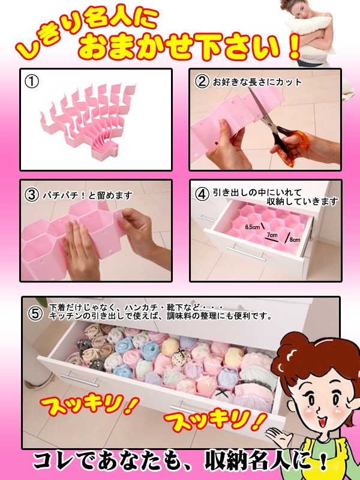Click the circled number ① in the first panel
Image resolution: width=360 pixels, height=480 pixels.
coord(32,82)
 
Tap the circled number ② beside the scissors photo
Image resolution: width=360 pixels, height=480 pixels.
coord(202,82)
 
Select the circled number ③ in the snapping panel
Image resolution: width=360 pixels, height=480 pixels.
coord(32,195)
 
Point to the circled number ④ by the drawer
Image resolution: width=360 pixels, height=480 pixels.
coord(202,194)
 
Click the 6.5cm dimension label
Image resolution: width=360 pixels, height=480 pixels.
coord(252,227)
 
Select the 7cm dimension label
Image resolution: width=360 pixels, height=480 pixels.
coord(272,235)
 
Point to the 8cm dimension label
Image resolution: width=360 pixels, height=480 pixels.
coord(295,239)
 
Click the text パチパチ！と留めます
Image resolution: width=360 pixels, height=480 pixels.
coord(88,196)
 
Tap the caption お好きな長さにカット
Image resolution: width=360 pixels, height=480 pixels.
coord(257,82)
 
